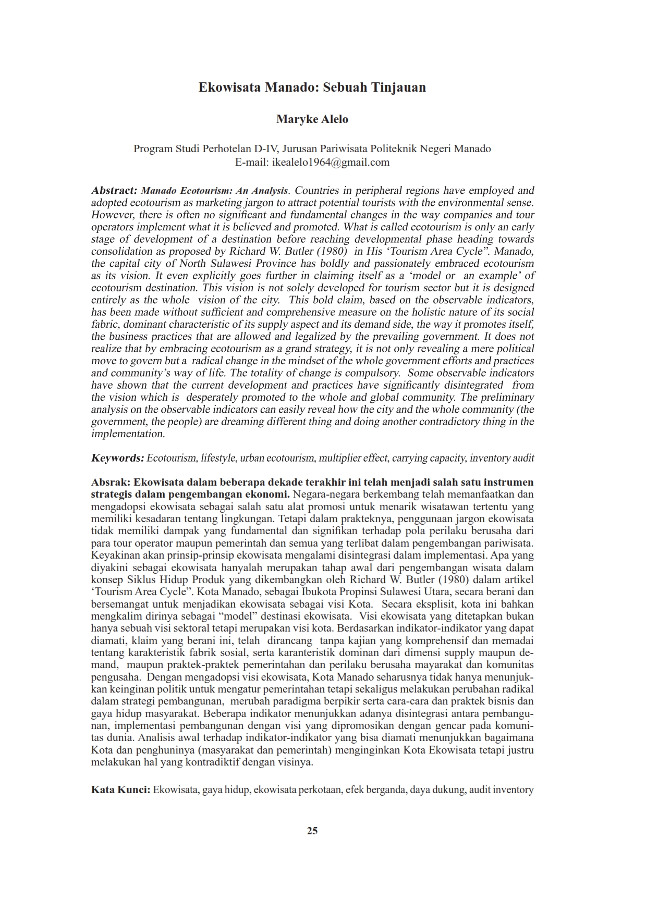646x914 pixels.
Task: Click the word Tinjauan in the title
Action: tap(398, 88)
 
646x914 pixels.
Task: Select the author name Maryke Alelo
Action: tap(312, 119)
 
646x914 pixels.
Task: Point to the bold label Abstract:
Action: tap(114, 191)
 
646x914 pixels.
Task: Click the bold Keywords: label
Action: tap(117, 458)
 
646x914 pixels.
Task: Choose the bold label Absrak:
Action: tap(111, 482)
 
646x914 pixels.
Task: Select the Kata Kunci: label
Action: tap(120, 789)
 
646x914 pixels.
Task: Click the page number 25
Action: tap(312, 831)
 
